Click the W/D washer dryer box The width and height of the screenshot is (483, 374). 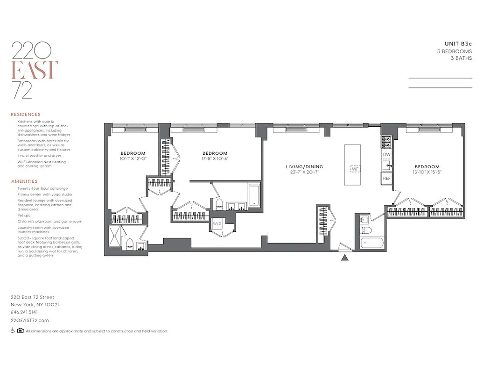pyautogui.click(x=217, y=224)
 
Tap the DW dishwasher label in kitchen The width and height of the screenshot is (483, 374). pyautogui.click(x=386, y=154)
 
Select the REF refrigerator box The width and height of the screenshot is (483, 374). pyautogui.click(x=387, y=179)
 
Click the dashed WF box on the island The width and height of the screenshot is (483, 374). pyautogui.click(x=356, y=168)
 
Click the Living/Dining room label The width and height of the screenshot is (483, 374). pyautogui.click(x=304, y=167)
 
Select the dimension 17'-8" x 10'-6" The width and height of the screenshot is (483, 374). pyautogui.click(x=215, y=158)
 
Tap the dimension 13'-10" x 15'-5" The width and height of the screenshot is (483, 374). pyautogui.click(x=427, y=172)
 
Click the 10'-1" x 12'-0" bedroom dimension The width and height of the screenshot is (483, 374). pyautogui.click(x=133, y=158)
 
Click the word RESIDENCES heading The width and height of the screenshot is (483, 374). pyautogui.click(x=26, y=114)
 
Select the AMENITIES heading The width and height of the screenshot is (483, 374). pyautogui.click(x=24, y=181)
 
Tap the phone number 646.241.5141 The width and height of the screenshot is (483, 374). pyautogui.click(x=24, y=312)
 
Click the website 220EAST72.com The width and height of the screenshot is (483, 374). pyautogui.click(x=30, y=320)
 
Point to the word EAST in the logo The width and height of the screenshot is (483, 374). pyautogui.click(x=35, y=70)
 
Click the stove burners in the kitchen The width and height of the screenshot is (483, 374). pyautogui.click(x=386, y=142)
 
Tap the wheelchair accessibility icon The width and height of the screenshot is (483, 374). pyautogui.click(x=13, y=331)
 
